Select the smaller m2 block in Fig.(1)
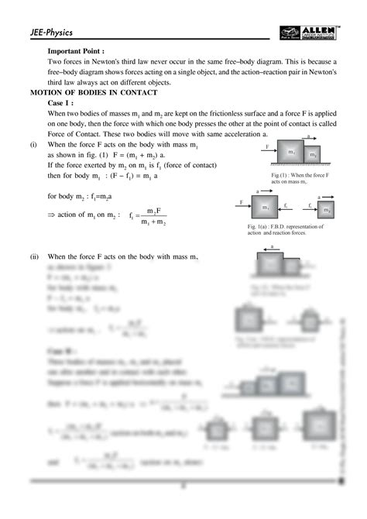click(x=312, y=156)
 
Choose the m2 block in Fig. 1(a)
click(x=328, y=209)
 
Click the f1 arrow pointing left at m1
click(x=286, y=207)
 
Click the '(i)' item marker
click(x=33, y=145)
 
